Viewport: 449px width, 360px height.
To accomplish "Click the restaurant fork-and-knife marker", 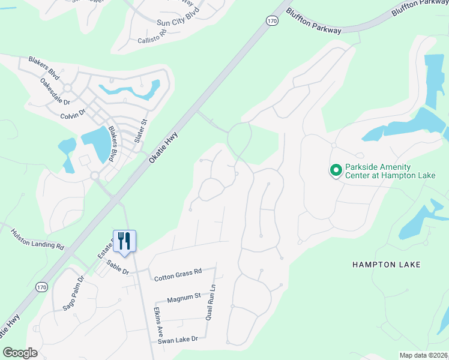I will click(x=124, y=241).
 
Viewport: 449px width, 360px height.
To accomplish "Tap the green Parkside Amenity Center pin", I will click(x=335, y=171).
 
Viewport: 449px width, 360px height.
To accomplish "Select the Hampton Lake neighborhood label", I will click(x=386, y=264).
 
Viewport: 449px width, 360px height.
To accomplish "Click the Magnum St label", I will click(x=183, y=297).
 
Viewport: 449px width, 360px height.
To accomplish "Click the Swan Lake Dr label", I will click(x=178, y=340).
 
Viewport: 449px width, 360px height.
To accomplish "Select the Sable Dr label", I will click(x=118, y=268).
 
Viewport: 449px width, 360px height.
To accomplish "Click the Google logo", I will click(x=20, y=352).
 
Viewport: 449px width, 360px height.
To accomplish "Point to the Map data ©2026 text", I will click(x=423, y=355).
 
